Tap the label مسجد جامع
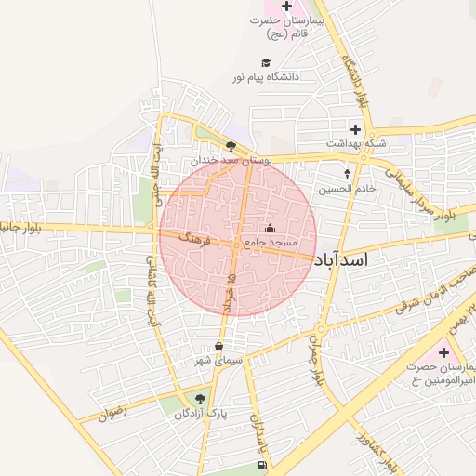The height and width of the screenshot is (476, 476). point(270,243)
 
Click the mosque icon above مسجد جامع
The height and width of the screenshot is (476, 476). point(271,228)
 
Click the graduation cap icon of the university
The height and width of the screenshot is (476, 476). point(266,62)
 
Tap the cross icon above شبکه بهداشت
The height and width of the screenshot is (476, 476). point(355,128)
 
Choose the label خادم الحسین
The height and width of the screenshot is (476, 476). point(348,188)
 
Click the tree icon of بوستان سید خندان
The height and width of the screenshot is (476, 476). point(231,145)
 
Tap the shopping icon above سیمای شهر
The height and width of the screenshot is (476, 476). point(218,346)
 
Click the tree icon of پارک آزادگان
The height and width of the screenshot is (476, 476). point(201,399)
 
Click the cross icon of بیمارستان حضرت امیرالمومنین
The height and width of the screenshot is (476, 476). point(443,352)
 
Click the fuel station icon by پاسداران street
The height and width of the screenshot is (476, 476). point(261,465)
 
